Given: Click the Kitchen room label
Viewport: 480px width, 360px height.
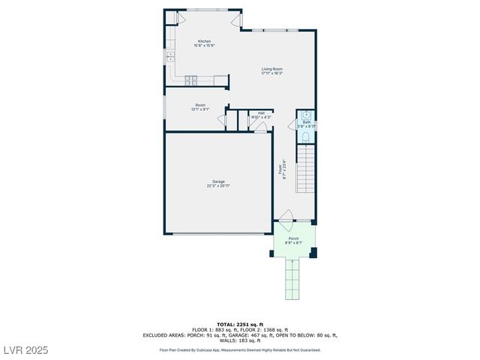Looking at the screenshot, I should tap(204, 43).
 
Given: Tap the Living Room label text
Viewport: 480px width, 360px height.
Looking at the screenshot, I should tap(271, 70).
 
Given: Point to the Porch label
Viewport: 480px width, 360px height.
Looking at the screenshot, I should tap(293, 240).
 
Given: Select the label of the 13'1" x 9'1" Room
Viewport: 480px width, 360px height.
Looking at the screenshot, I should tap(200, 106).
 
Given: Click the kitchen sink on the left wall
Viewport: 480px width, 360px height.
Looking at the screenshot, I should tap(170, 55).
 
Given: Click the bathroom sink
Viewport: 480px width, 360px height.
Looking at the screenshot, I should tap(306, 115).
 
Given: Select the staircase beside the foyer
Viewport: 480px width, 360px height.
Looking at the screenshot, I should tap(306, 169).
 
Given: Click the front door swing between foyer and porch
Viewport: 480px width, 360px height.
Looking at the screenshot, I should tap(285, 225).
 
